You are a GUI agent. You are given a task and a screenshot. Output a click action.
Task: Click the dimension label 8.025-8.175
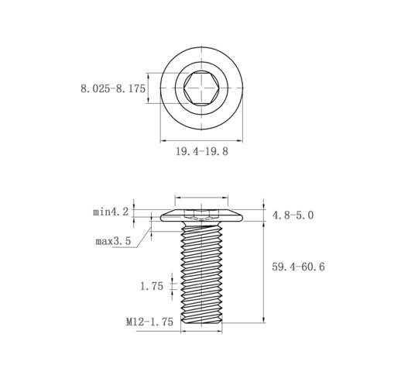[113, 88]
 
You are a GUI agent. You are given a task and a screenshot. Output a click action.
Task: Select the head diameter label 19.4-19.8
[202, 151]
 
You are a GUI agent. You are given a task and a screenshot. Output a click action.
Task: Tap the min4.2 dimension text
[111, 212]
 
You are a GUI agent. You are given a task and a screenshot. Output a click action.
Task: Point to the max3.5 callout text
[113, 241]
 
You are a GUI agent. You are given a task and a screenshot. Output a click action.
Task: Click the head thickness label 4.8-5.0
[293, 215]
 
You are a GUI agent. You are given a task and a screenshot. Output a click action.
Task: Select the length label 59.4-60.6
[298, 267]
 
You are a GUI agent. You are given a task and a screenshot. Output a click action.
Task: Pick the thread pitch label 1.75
[152, 286]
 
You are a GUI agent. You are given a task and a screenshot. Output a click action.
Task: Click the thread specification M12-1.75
[149, 322]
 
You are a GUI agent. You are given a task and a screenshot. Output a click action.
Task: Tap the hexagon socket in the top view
[201, 88]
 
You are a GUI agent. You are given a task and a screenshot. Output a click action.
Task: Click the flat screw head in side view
[201, 216]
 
